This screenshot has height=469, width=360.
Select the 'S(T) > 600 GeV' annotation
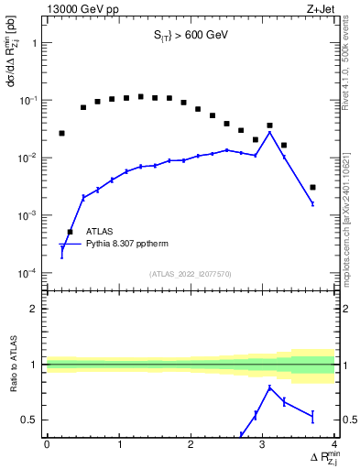pos(191,38)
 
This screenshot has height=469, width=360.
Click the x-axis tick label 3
pos(263,444)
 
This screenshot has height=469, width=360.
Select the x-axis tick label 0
pos(47,444)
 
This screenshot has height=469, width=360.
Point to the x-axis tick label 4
pos(334,444)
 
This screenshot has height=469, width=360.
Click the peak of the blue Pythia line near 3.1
pos(269,132)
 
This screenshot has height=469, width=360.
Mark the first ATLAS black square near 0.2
pos(61,133)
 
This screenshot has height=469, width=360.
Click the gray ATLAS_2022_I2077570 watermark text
pos(191,274)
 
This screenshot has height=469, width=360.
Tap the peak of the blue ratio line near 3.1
pos(269,387)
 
